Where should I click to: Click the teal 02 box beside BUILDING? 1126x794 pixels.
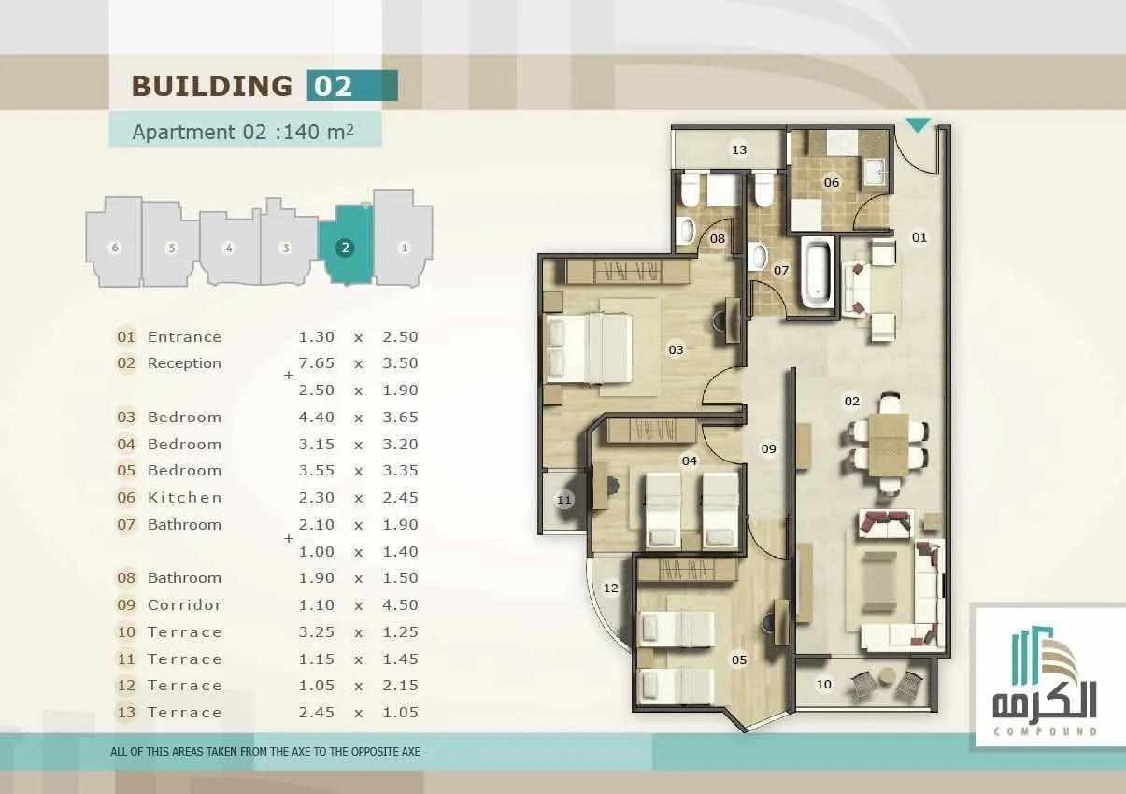point(352,85)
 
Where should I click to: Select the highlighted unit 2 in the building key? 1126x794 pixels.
point(347,246)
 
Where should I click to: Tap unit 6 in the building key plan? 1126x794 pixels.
point(115,242)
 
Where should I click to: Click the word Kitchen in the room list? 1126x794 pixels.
point(184,498)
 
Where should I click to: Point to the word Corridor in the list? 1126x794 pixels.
point(184,604)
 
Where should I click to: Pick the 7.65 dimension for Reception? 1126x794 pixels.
point(316,362)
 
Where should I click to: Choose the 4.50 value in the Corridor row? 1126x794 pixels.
point(400,604)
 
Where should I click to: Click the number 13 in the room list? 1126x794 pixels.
point(126,712)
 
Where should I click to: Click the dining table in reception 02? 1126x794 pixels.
point(889,445)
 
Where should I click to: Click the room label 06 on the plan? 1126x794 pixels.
point(832,182)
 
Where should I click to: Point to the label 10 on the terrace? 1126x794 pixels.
point(823,684)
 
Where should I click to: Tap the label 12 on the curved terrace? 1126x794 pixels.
point(611,588)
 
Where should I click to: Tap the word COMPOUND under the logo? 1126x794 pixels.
point(1045,730)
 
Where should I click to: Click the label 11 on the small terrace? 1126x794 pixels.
point(564,500)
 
